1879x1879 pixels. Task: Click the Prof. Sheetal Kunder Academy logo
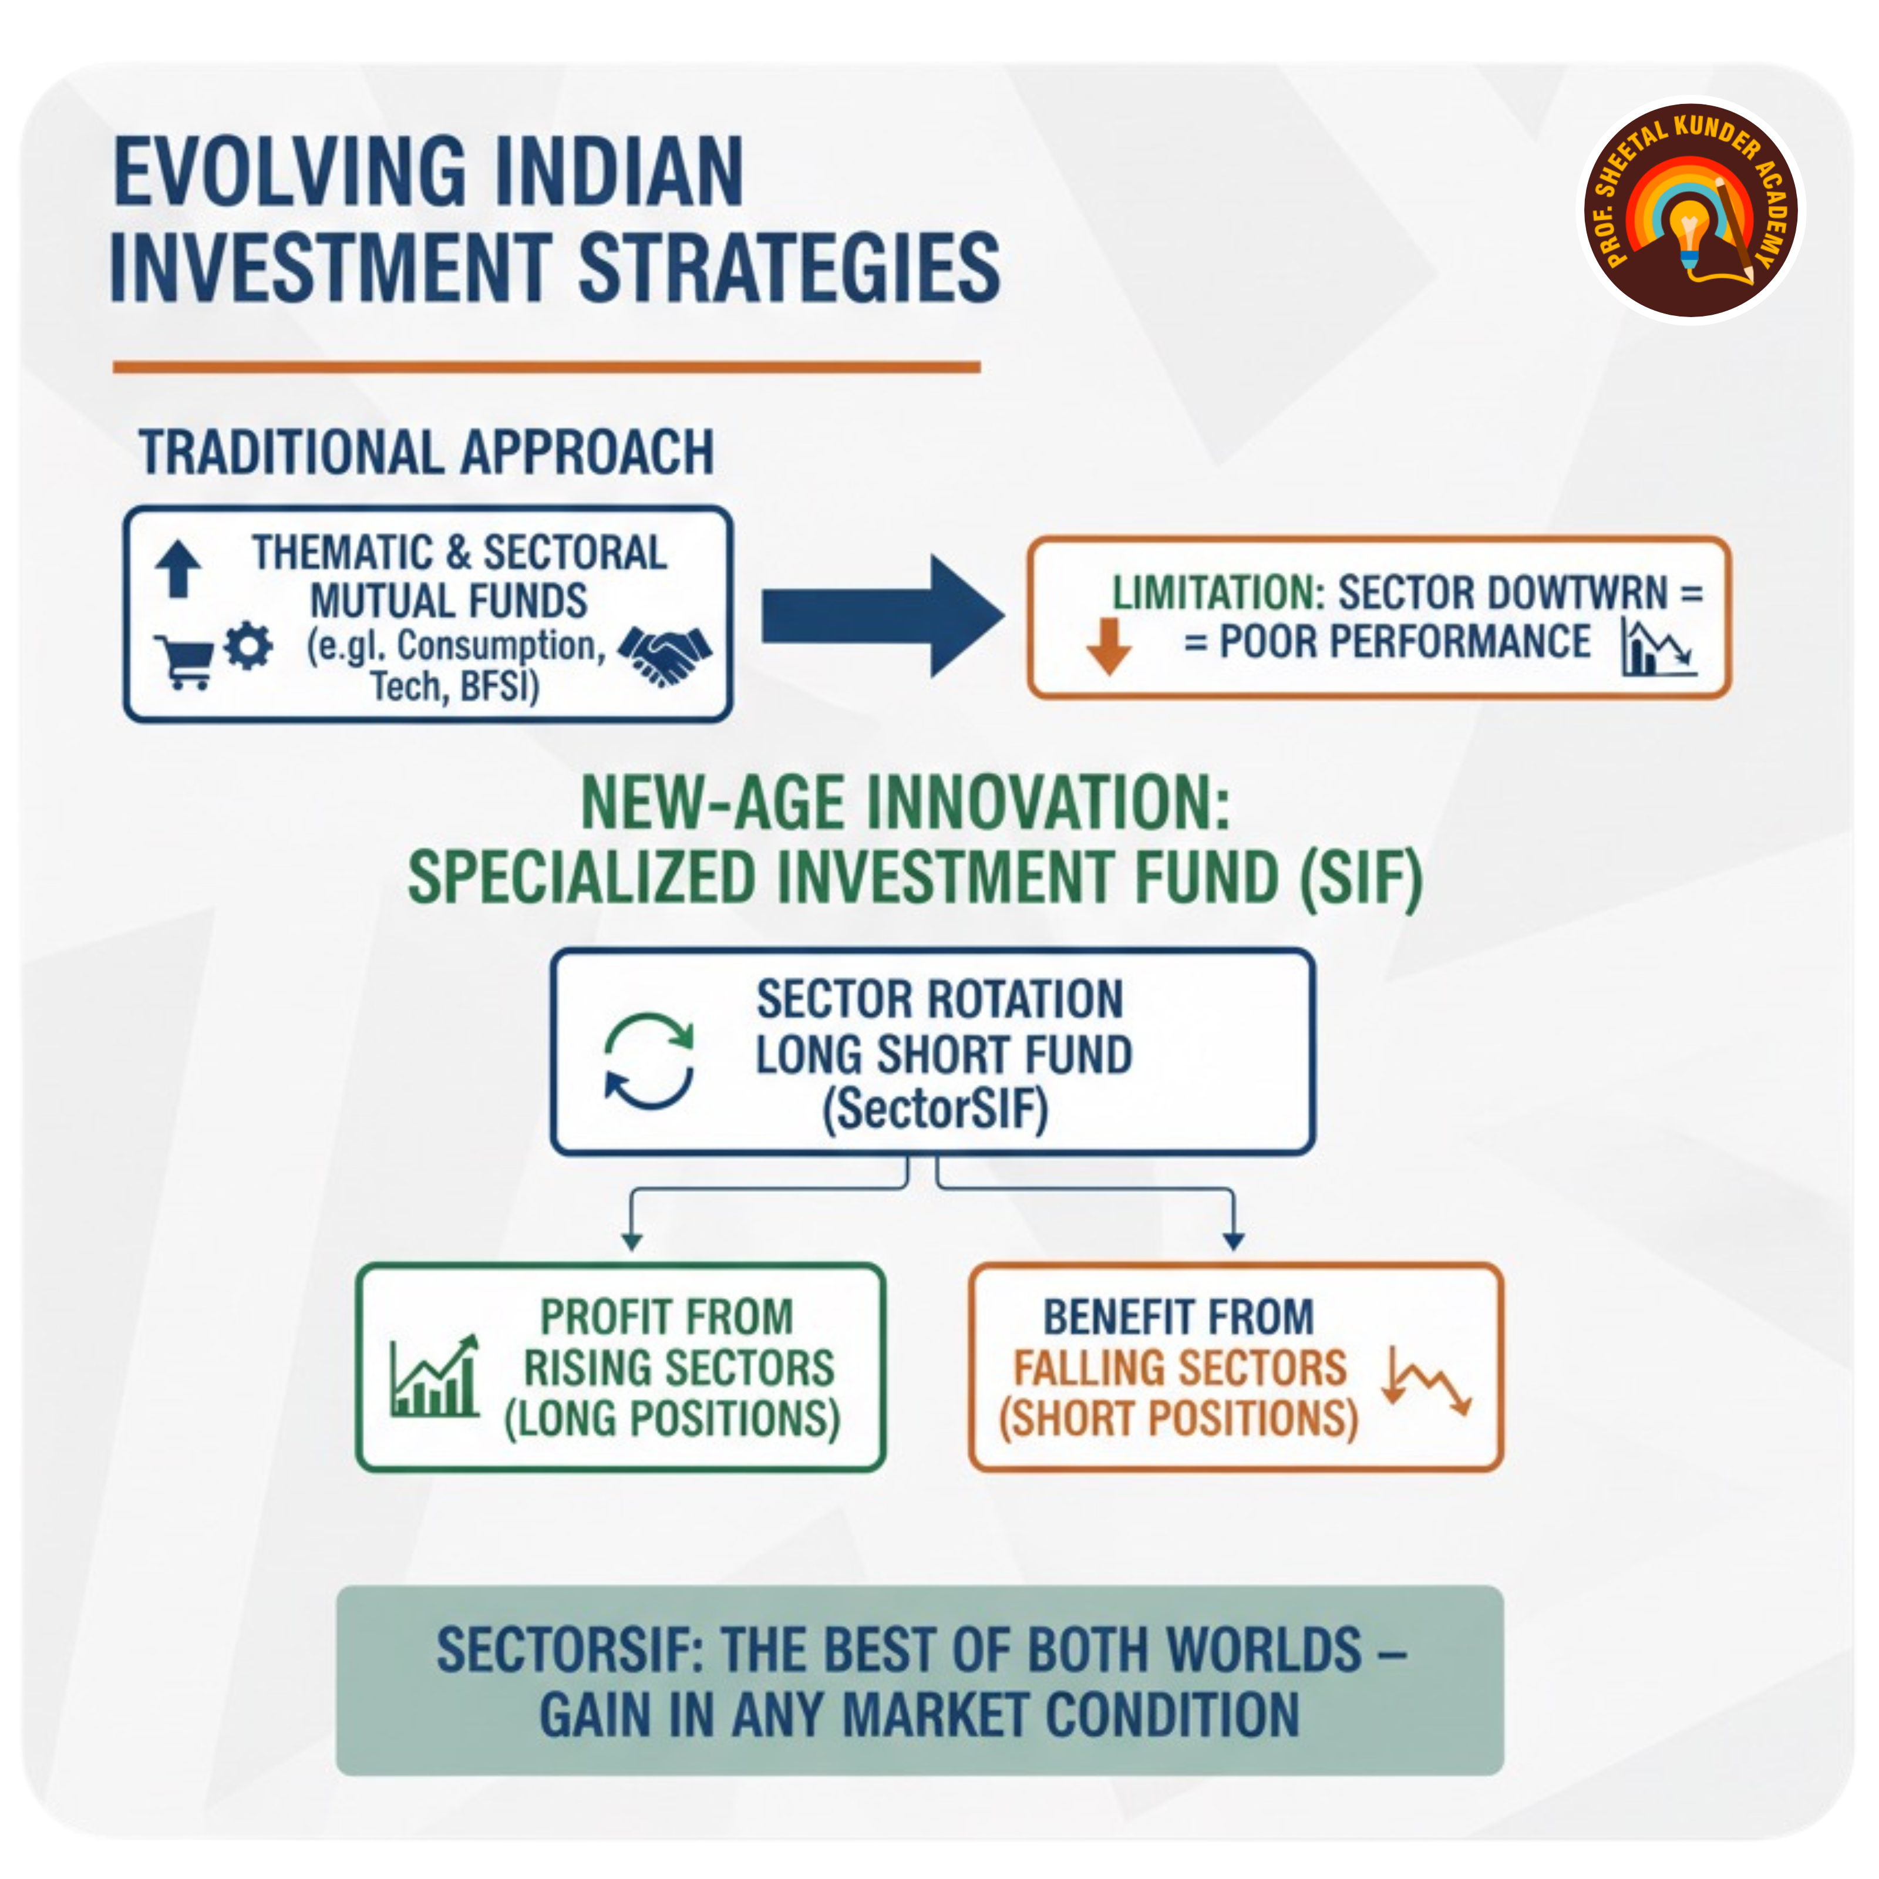(x=1691, y=210)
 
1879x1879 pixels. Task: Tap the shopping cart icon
(x=184, y=661)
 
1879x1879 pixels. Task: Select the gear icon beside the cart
(x=248, y=646)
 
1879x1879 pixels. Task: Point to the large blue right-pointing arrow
(x=882, y=615)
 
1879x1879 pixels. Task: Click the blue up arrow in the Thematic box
(x=178, y=569)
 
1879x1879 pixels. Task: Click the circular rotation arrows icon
(x=649, y=1061)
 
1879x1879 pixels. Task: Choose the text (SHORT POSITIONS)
(x=1178, y=1418)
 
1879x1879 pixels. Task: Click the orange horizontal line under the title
(x=547, y=366)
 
